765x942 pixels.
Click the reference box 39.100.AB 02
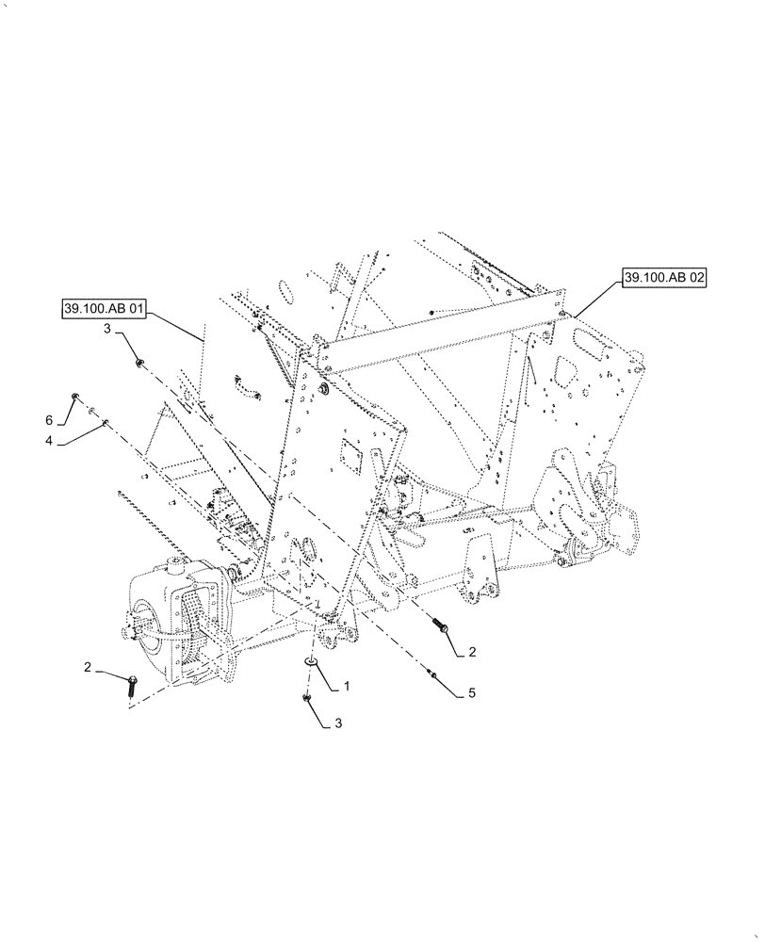(663, 277)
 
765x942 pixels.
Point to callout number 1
(346, 687)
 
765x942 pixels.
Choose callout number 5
(471, 694)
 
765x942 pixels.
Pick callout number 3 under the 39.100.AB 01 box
(107, 328)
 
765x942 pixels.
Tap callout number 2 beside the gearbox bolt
(87, 667)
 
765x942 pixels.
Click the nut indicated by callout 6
(74, 397)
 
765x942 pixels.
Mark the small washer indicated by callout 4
(106, 421)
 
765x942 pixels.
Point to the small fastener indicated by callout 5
(431, 673)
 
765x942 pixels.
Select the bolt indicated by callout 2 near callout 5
(440, 625)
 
